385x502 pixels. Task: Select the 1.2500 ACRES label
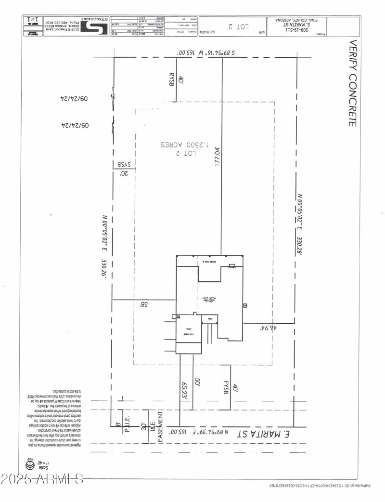178,145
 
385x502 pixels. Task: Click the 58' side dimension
143,304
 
